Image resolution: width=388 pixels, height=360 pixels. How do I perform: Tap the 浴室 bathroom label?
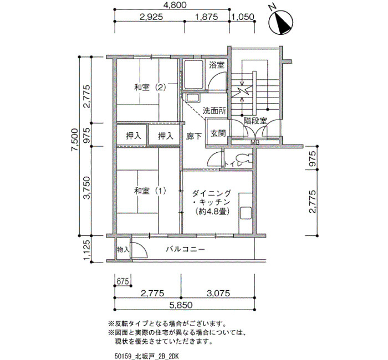pyautogui.click(x=217, y=65)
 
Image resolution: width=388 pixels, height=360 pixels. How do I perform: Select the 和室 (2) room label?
pyautogui.click(x=150, y=88)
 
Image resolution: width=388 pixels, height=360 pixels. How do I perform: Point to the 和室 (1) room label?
pyautogui.click(x=150, y=191)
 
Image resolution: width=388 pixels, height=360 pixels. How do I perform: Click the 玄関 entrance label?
pyautogui.click(x=218, y=133)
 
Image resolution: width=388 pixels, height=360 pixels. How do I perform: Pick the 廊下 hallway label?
pyautogui.click(x=194, y=136)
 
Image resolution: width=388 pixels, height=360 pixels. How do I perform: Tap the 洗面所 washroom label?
pyautogui.click(x=215, y=111)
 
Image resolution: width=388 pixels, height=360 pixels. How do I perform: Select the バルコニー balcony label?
pyautogui.click(x=185, y=249)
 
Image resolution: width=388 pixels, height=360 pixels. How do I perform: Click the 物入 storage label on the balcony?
pyautogui.click(x=123, y=249)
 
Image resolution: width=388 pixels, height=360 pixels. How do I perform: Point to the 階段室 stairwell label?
pyautogui.click(x=255, y=121)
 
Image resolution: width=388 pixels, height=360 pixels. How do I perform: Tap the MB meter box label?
pyautogui.click(x=254, y=143)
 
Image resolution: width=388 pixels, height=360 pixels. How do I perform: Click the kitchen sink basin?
pyautogui.click(x=246, y=213)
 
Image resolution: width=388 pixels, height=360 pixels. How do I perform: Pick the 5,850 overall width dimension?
pyautogui.click(x=181, y=305)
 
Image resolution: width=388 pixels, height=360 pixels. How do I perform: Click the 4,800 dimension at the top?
pyautogui.click(x=175, y=4)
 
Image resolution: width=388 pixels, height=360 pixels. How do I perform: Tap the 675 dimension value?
pyautogui.click(x=123, y=281)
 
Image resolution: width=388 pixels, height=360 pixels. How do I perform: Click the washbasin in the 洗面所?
pyautogui.click(x=193, y=98)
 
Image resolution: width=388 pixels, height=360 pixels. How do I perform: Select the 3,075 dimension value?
pyautogui.click(x=218, y=293)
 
